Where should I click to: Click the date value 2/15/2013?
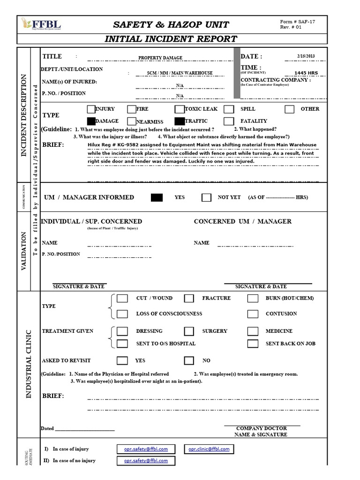point(306,56)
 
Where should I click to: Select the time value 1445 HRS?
point(306,73)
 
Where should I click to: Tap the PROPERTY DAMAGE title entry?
point(160,58)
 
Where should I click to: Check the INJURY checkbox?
point(91,109)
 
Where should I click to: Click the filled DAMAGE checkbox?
point(91,121)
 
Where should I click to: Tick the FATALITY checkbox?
point(229,121)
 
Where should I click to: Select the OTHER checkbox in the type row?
point(290,109)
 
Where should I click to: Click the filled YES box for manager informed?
point(157,197)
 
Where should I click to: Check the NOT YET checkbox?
point(206,197)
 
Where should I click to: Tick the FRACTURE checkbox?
point(189,298)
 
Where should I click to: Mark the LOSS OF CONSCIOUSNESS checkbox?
point(122,314)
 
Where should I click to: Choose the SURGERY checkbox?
point(189,331)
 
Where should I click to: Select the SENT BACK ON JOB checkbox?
point(253,344)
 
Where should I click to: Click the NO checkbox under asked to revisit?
point(189,361)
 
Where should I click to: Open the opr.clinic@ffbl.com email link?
point(209,449)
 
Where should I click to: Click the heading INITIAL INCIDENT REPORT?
point(171,39)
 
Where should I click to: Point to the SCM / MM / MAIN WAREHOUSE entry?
point(180,73)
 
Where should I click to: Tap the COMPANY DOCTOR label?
point(261,428)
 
